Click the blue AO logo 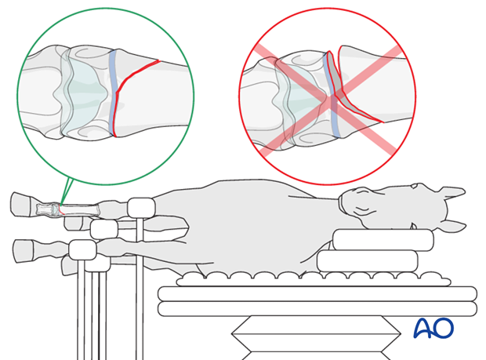click(x=433, y=328)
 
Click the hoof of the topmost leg click(x=21, y=204)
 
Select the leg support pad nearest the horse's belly click(x=141, y=208)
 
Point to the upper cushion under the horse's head click(x=383, y=240)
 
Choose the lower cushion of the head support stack click(x=368, y=260)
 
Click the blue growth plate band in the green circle click(x=113, y=93)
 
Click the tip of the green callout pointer click(x=61, y=205)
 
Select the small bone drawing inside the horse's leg click(x=68, y=209)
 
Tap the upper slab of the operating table click(x=317, y=293)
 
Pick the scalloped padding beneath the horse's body click(x=313, y=278)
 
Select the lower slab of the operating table click(x=317, y=309)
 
